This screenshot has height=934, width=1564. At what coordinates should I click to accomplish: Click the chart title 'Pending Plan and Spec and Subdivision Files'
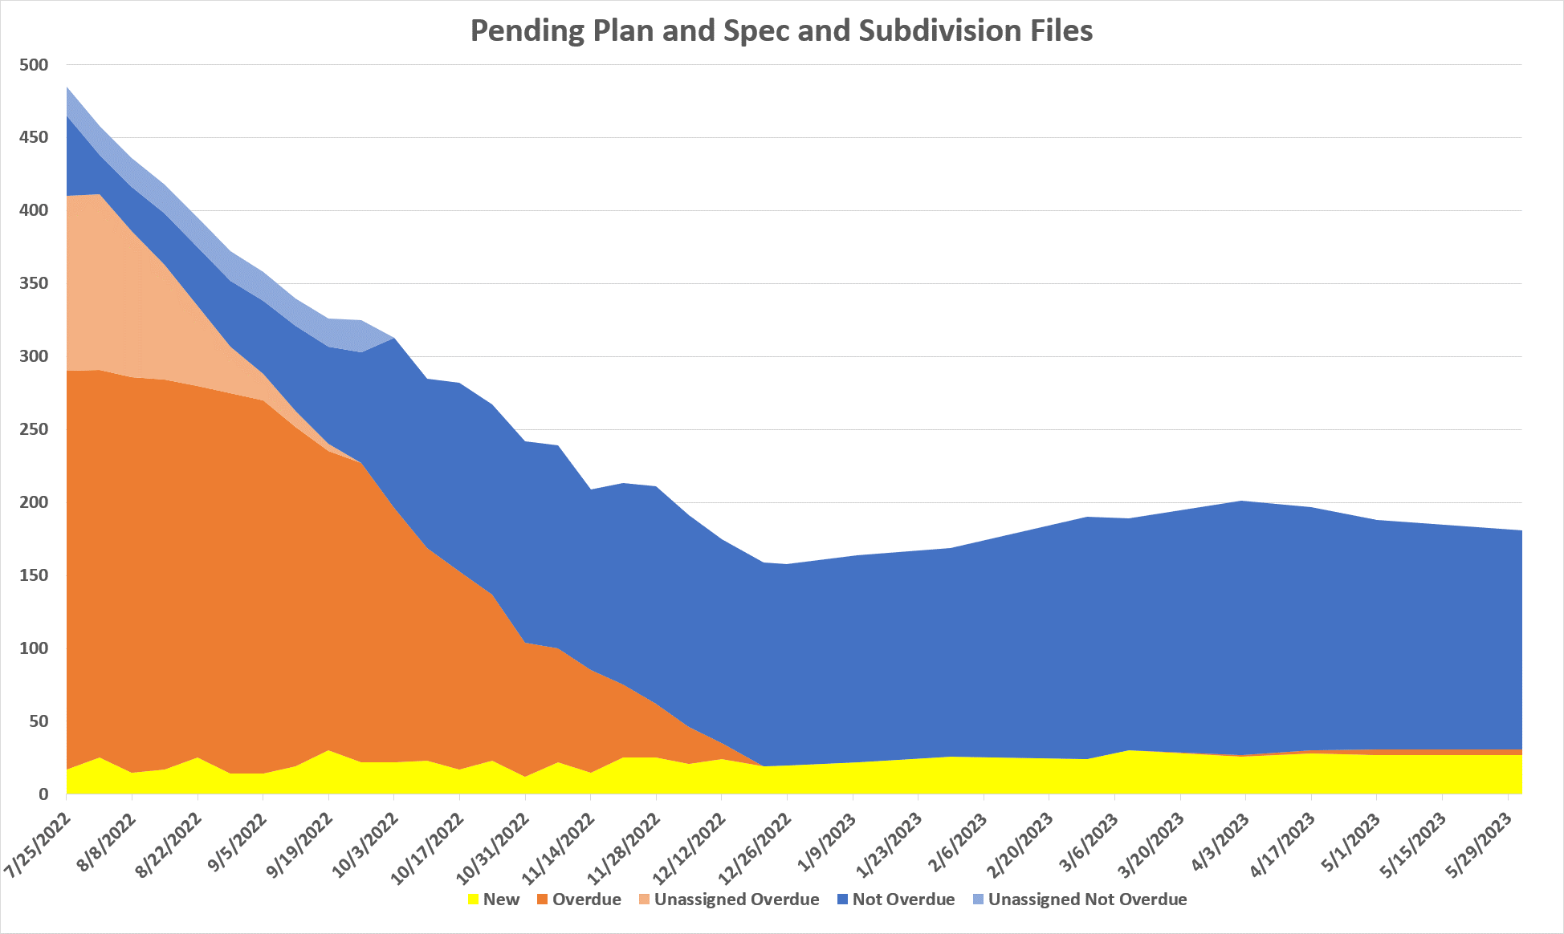tap(781, 30)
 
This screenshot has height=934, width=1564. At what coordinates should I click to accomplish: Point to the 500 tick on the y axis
tap(34, 65)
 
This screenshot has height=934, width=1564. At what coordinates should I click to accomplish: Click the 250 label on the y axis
tap(34, 429)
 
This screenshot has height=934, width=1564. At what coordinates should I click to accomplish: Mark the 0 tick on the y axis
tap(43, 794)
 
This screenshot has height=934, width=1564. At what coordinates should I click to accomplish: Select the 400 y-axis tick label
tap(34, 210)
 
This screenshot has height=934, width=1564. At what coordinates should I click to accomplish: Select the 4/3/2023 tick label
tap(1220, 840)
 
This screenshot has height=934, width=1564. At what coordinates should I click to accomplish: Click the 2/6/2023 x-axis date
tap(958, 840)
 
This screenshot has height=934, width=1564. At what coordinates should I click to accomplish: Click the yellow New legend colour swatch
tap(474, 899)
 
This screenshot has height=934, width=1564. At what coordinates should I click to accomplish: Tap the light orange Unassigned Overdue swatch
tap(645, 899)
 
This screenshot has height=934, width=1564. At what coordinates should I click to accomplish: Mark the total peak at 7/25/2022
tap(67, 87)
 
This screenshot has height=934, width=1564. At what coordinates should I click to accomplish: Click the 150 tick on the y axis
tap(34, 575)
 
